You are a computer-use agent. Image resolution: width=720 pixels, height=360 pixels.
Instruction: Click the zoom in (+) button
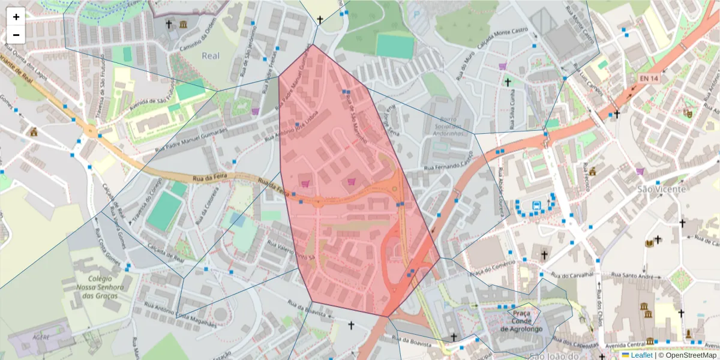click(16, 17)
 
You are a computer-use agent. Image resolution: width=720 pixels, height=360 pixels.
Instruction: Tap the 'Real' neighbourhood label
click(210, 56)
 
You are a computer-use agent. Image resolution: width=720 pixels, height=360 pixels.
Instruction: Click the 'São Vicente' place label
click(653, 189)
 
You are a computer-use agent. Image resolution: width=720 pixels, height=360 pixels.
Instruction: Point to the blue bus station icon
click(536, 205)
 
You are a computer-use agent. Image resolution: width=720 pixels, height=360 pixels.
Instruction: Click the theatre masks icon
click(688, 112)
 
